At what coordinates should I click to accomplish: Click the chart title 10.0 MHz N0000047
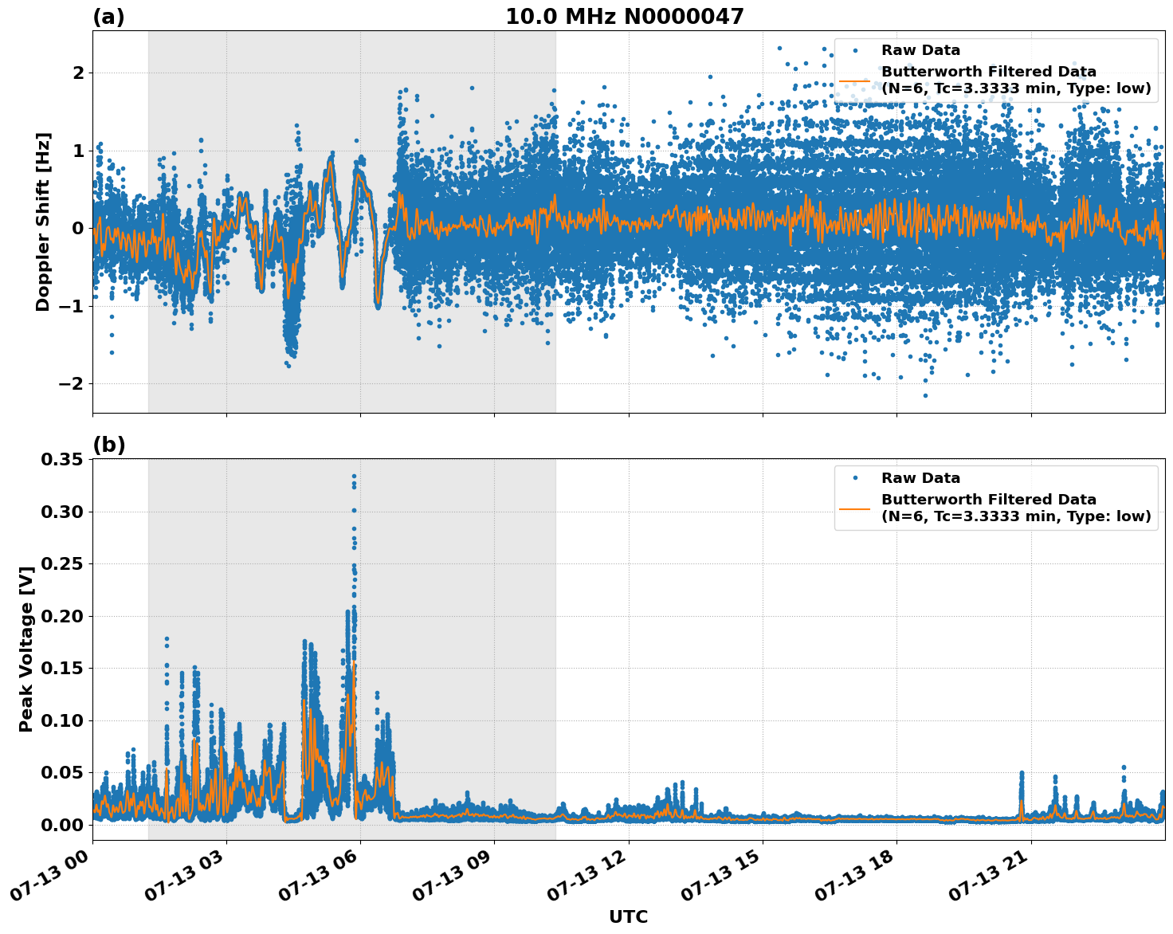coord(624,17)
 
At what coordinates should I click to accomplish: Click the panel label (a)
coord(108,17)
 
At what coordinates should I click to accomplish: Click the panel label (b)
coord(108,445)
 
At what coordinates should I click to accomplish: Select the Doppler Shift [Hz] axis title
coord(43,222)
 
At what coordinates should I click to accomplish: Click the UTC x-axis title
coord(628,916)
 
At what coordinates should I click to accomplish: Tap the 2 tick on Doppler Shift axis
coord(78,73)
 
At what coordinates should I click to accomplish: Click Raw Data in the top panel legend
coord(920,50)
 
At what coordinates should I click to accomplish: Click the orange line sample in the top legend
coord(855,80)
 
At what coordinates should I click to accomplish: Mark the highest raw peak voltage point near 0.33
coord(354,477)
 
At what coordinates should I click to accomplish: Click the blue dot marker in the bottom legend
coord(855,478)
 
